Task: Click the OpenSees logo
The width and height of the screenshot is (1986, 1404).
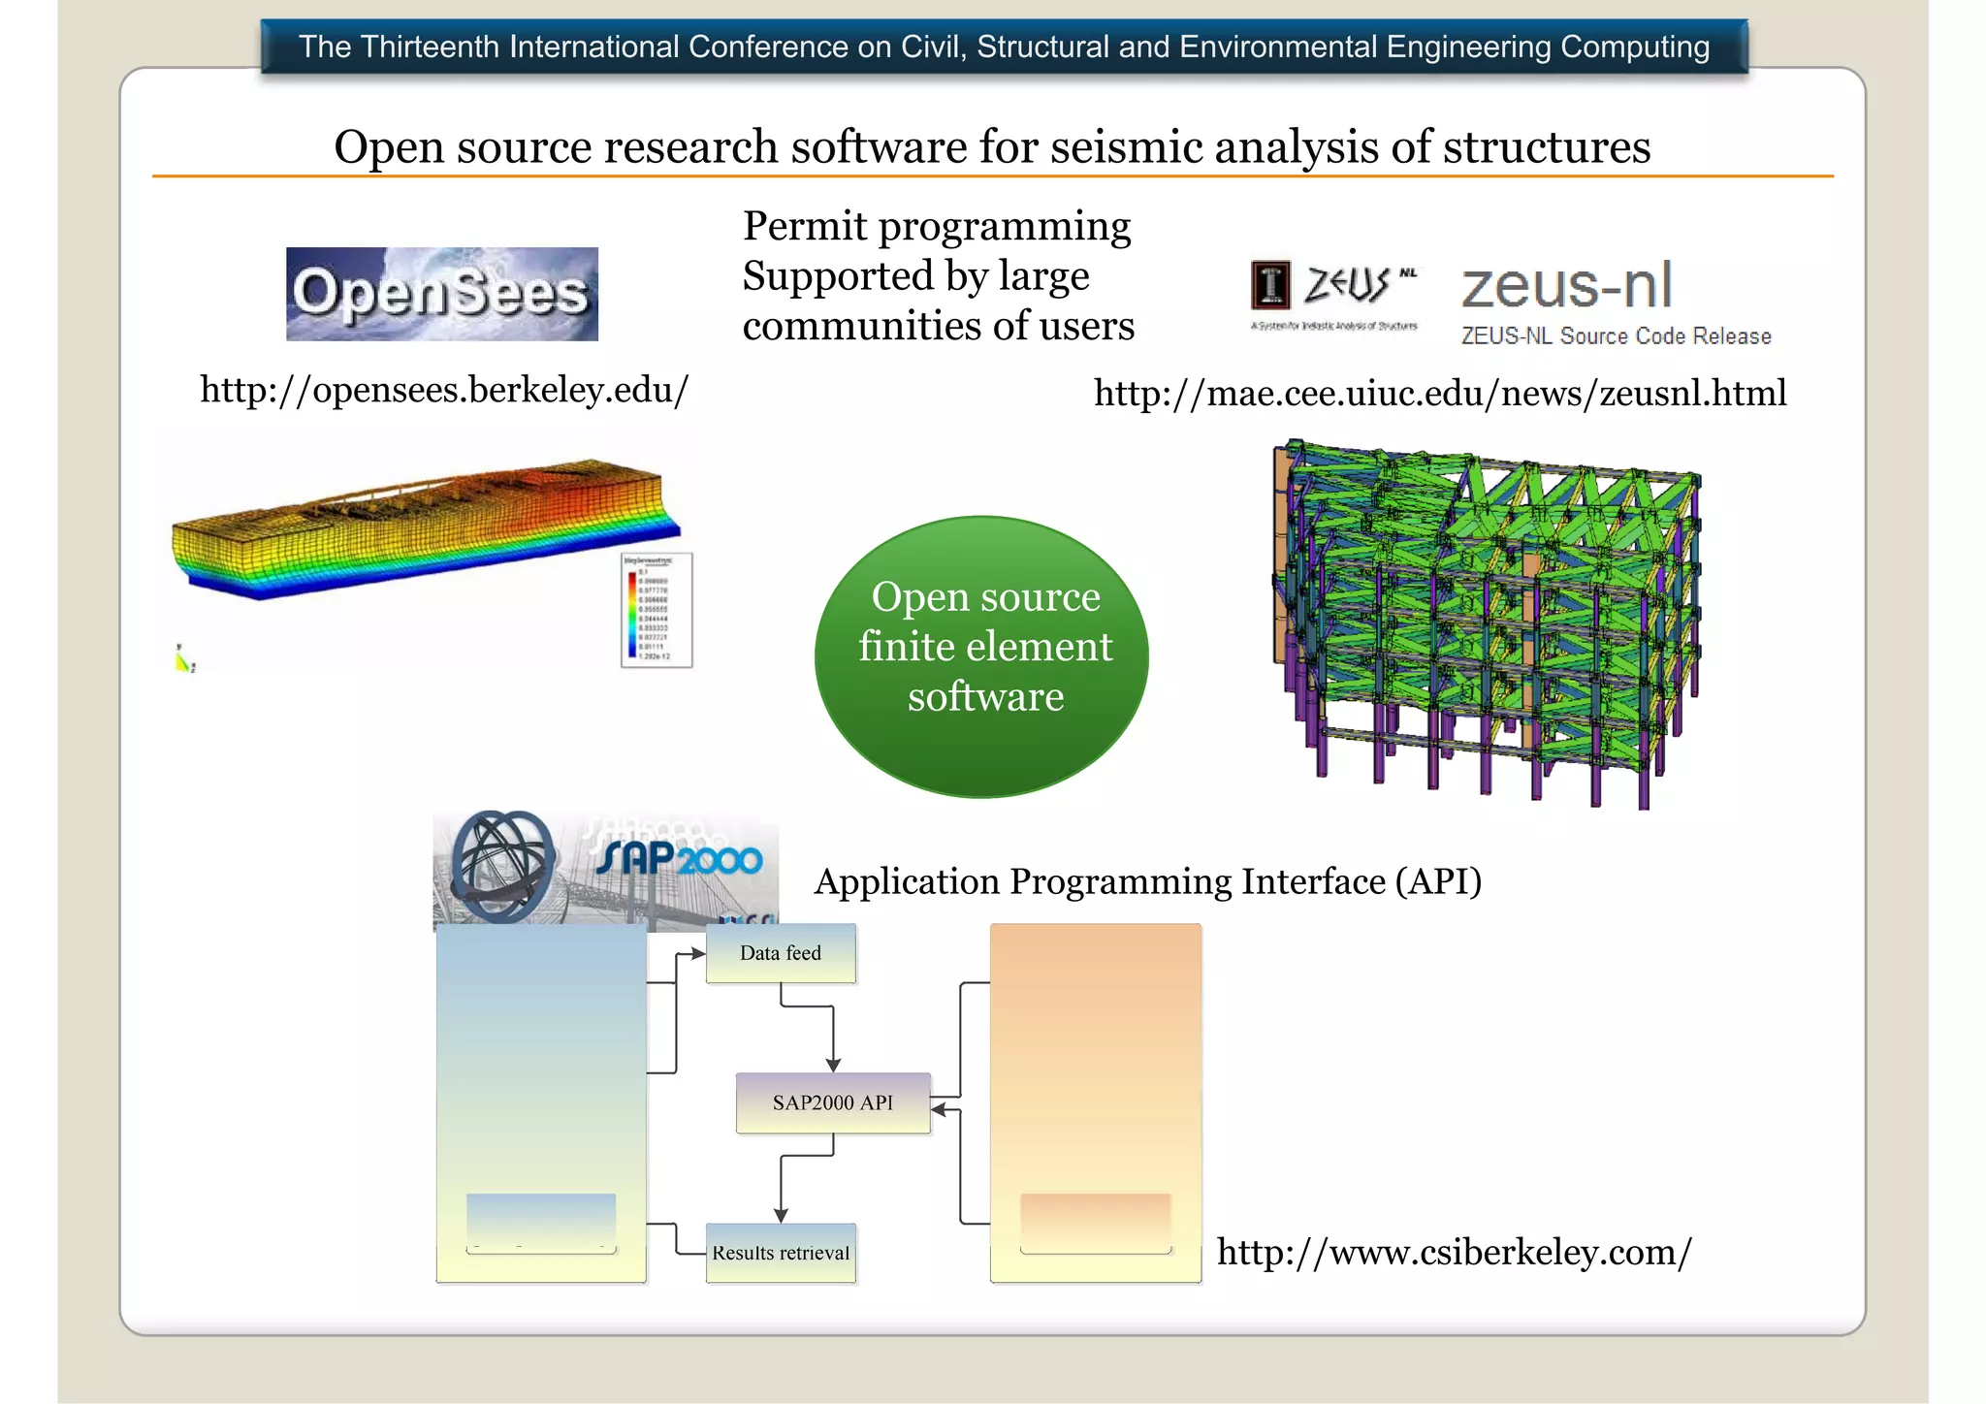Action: (x=442, y=294)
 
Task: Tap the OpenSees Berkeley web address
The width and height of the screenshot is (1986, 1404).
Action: (x=444, y=390)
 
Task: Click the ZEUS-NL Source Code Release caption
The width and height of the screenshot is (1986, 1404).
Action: (x=1616, y=336)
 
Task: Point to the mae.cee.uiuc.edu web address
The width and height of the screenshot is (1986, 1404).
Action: (x=1440, y=393)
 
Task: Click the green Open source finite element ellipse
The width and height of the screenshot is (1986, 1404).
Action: (x=982, y=656)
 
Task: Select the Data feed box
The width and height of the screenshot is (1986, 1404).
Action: (x=781, y=953)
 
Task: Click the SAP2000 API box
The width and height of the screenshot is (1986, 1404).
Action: (x=833, y=1102)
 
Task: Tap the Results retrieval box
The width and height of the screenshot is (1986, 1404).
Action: (x=781, y=1253)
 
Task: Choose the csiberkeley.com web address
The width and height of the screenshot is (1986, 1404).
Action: (x=1454, y=1252)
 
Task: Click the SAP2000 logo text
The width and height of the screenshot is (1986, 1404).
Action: (x=680, y=858)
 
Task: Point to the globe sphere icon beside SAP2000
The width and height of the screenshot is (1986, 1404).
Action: (x=502, y=864)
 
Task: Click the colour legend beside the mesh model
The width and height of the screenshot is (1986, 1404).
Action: (x=657, y=610)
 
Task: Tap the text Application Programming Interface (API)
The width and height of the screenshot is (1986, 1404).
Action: (x=1148, y=881)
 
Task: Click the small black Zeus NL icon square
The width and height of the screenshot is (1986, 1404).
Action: (x=1270, y=285)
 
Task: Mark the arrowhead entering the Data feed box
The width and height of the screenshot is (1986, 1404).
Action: (x=698, y=954)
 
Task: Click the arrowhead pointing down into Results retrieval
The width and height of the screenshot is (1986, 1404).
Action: (x=781, y=1216)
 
